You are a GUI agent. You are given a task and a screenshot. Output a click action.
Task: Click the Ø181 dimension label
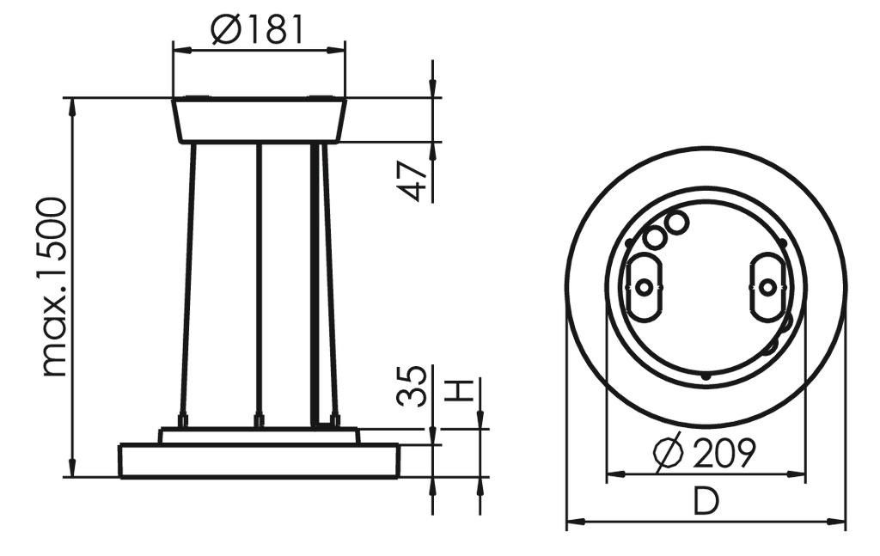pos(258,30)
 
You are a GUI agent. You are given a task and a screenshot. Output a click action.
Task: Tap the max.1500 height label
pos(54,286)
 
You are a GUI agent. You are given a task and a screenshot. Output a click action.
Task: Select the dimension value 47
pos(415,180)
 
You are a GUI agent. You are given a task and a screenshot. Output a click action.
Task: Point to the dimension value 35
pos(413,386)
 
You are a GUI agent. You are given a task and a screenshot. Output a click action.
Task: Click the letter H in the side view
pos(461,391)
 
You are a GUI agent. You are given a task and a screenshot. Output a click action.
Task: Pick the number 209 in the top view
pos(723,452)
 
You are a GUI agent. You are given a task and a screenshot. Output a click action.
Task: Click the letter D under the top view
pos(706,502)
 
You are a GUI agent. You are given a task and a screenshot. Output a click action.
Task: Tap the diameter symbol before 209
pos(668,453)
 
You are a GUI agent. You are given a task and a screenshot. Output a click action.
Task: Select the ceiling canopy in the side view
pos(259,120)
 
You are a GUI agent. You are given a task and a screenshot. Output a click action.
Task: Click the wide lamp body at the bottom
pos(259,461)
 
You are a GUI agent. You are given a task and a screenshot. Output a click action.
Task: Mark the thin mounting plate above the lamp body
pos(259,436)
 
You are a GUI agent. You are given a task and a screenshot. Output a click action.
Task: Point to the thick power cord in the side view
pos(315,284)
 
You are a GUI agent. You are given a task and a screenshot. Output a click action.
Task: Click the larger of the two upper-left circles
pos(675,223)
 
